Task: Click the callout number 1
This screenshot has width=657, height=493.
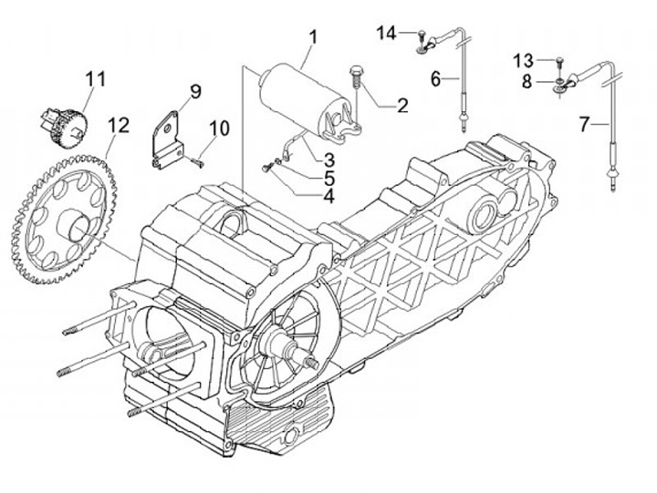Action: click(313, 38)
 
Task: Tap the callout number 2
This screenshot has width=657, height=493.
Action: click(401, 106)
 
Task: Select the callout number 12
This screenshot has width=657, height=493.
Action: click(118, 125)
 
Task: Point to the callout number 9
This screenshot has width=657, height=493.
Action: click(194, 92)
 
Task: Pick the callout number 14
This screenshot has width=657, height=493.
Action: click(386, 34)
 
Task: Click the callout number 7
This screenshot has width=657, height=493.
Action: click(585, 124)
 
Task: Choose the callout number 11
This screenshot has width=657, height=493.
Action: click(96, 79)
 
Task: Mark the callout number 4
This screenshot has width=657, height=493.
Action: click(328, 196)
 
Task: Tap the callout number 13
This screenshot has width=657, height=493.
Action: click(524, 61)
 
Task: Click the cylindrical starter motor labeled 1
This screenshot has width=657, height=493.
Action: click(304, 100)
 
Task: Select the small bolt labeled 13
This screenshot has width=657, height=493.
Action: click(559, 64)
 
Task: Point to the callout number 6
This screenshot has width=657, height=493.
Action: click(436, 79)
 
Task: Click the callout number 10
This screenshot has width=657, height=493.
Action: click(220, 128)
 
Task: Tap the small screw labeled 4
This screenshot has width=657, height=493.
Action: click(266, 168)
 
